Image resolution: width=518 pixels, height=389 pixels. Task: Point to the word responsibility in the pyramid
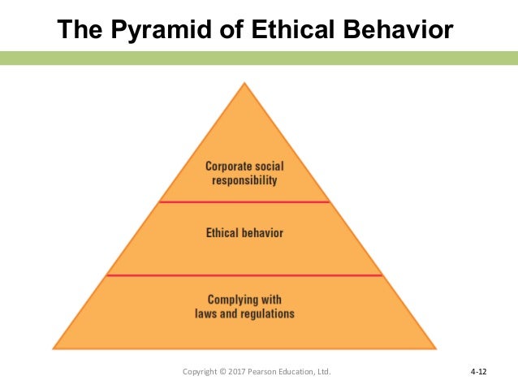tap(244, 180)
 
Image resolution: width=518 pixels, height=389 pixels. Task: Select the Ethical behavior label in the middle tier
tap(244, 233)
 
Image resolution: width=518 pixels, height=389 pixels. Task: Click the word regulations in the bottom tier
tap(267, 313)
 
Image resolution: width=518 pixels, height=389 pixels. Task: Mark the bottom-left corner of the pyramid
tap(54, 348)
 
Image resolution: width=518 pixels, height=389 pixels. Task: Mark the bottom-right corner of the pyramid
tap(435, 348)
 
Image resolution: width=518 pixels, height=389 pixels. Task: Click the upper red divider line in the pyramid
tap(244, 201)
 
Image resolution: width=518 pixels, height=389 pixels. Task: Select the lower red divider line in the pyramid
tap(244, 275)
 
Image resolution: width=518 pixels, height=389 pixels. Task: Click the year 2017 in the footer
tap(241, 372)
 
